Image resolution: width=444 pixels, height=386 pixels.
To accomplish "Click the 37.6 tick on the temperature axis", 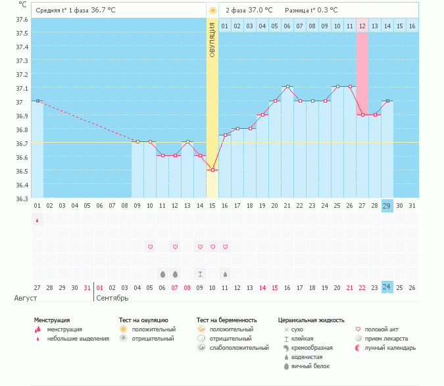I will click(22, 19).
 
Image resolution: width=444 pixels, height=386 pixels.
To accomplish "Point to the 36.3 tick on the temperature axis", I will click(22, 199).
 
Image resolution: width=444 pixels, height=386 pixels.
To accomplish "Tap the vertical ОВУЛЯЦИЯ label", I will click(212, 39).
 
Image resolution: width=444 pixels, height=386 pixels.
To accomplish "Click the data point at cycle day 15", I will click(212, 170).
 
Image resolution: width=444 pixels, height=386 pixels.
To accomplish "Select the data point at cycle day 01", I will click(37, 101).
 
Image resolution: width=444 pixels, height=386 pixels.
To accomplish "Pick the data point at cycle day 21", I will click(287, 87).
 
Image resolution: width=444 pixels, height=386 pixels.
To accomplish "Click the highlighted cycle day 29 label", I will click(387, 206).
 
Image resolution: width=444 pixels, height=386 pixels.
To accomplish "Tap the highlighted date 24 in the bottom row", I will click(387, 287).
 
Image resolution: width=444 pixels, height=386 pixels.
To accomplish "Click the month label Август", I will click(26, 298).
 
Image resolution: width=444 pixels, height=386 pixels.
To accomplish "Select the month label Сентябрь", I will click(112, 298).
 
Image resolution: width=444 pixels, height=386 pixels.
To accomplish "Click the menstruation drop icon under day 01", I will click(37, 220).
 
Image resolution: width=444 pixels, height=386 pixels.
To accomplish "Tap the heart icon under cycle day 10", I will click(150, 247).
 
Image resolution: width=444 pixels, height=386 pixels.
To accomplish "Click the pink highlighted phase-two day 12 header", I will click(362, 26).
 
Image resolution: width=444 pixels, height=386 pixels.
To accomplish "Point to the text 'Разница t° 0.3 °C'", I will click(311, 11).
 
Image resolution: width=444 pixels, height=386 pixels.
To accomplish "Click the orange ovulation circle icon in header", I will click(212, 11).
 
